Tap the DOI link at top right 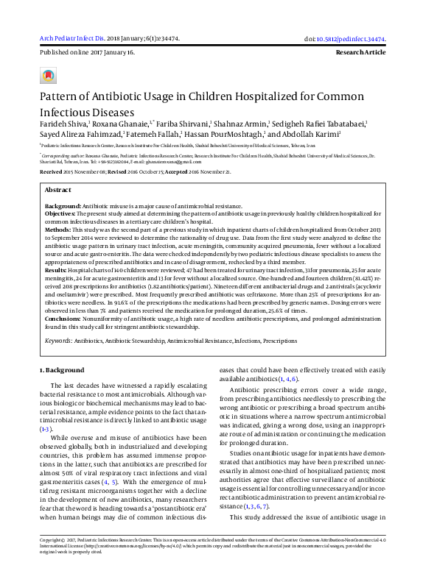tap(356, 39)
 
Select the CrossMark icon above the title tap(48, 76)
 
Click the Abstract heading tap(58, 190)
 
